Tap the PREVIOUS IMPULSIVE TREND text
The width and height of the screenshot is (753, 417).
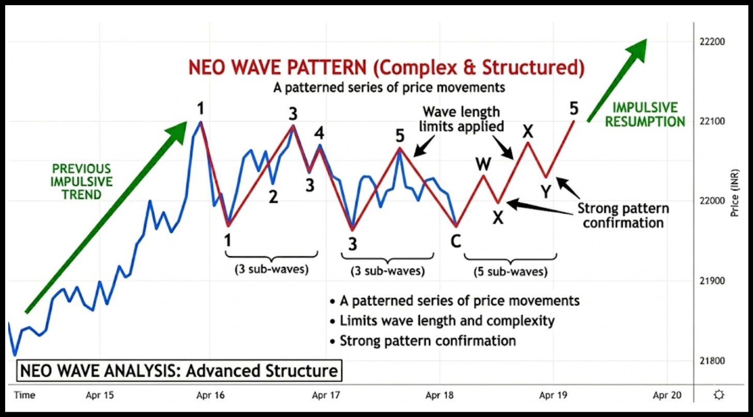(81, 182)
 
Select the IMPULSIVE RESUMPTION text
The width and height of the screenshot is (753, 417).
(645, 114)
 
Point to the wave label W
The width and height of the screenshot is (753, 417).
(483, 164)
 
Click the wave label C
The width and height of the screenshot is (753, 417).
(456, 241)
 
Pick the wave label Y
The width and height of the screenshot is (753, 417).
(546, 192)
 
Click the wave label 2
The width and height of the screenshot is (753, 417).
(273, 196)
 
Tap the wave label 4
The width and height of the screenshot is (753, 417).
(320, 133)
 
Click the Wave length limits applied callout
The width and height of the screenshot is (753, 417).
(461, 118)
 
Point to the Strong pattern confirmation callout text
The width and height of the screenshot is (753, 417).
(623, 216)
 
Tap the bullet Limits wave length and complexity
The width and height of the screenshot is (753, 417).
(447, 321)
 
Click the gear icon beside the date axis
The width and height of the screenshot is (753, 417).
(718, 395)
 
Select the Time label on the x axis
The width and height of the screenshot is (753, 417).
(24, 395)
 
